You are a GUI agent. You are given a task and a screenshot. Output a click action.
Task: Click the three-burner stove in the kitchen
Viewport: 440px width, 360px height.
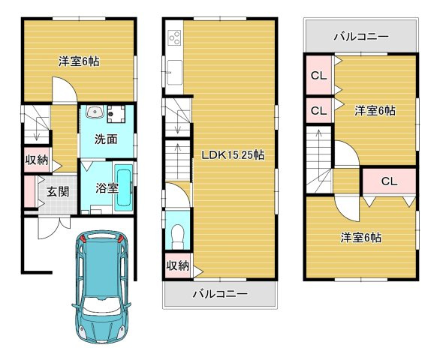pyautogui.click(x=174, y=37)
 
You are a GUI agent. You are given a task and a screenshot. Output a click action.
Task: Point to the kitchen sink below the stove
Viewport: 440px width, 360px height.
pyautogui.click(x=174, y=72)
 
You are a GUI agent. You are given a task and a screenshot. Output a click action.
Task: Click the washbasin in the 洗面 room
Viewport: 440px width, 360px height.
pyautogui.click(x=95, y=112)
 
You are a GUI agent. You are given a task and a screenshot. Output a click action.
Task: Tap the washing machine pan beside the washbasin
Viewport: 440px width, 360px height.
pyautogui.click(x=116, y=114)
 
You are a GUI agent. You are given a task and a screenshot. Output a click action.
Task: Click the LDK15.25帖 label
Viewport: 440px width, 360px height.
pyautogui.click(x=233, y=154)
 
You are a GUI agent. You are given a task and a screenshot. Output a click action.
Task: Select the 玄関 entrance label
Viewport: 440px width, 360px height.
pyautogui.click(x=58, y=192)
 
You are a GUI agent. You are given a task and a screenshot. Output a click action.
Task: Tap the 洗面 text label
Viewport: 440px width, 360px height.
pyautogui.click(x=106, y=139)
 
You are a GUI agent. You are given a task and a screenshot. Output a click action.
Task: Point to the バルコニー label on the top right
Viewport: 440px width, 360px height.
pyautogui.click(x=361, y=37)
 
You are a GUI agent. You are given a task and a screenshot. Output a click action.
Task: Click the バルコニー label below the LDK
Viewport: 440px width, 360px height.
pyautogui.click(x=220, y=294)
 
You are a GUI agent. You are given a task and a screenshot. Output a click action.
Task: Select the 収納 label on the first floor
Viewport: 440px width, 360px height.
pyautogui.click(x=37, y=160)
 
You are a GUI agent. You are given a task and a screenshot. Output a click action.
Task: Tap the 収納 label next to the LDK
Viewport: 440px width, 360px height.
pyautogui.click(x=178, y=265)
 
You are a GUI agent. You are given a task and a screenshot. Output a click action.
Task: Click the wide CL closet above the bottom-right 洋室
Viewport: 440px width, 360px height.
pyautogui.click(x=389, y=181)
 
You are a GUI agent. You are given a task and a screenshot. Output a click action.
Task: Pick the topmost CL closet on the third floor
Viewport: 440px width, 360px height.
pyautogui.click(x=319, y=75)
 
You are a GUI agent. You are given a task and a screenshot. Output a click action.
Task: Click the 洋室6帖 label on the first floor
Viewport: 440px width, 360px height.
pyautogui.click(x=79, y=61)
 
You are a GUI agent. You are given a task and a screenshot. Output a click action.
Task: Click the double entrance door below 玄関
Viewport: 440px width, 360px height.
pyautogui.click(x=54, y=227)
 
